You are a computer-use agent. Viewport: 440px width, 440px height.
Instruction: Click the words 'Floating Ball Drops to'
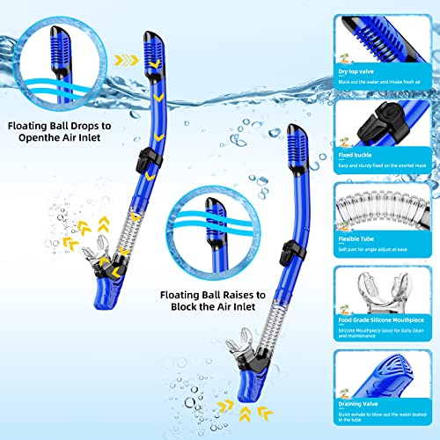click(x=59, y=126)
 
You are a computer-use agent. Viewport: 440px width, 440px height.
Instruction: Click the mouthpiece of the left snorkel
click(x=100, y=256)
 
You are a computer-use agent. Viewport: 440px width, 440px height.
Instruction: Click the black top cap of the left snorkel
click(x=150, y=36)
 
